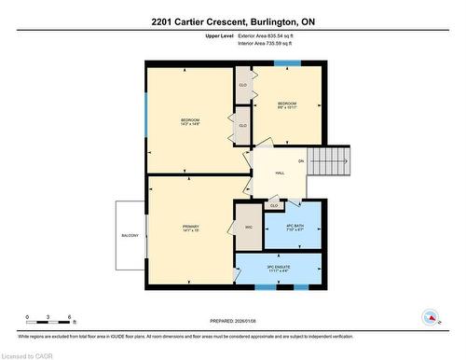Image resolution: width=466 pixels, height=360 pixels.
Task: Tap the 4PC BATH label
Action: (x=291, y=227)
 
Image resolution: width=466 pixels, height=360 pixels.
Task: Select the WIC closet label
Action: (x=249, y=227)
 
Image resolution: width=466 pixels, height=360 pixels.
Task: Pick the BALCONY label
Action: (x=130, y=236)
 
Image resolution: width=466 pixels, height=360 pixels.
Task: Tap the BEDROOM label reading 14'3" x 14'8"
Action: (x=190, y=121)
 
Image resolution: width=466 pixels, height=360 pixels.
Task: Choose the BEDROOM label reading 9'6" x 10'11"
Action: (x=287, y=104)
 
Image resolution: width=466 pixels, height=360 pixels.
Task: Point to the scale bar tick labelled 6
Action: (x=70, y=319)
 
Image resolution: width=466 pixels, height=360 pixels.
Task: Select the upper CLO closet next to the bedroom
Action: (x=242, y=85)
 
